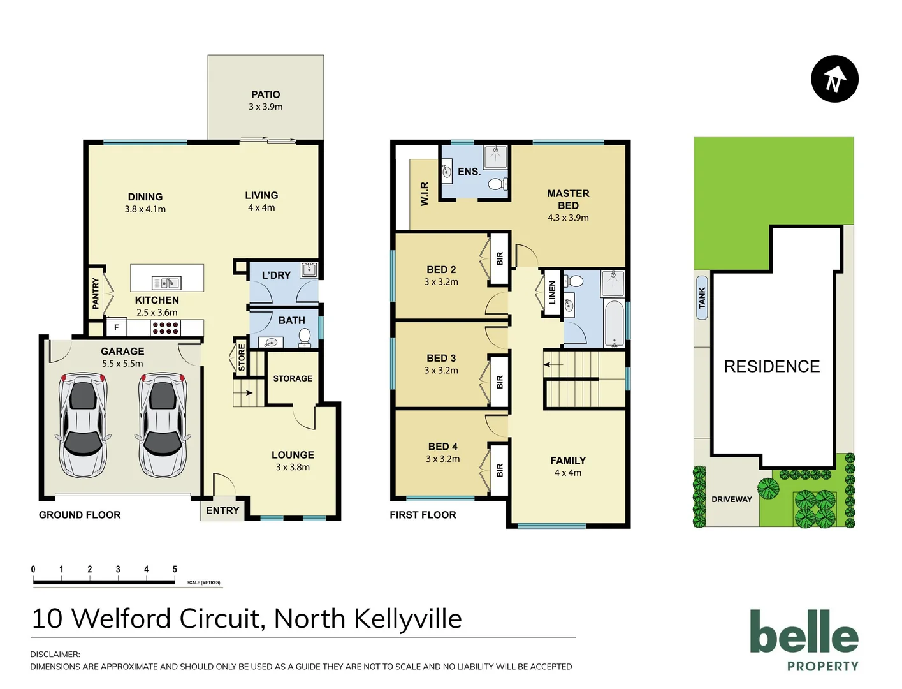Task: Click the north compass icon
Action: click(834, 79)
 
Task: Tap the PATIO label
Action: click(265, 94)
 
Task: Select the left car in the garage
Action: click(83, 426)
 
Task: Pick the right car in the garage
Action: click(163, 426)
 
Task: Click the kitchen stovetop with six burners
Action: click(165, 328)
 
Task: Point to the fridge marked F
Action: click(116, 328)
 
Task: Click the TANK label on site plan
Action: click(702, 298)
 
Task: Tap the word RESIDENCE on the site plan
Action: click(771, 367)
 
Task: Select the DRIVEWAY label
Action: click(731, 500)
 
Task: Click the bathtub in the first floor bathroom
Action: click(615, 323)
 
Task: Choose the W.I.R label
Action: click(425, 194)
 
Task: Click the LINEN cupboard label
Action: click(552, 293)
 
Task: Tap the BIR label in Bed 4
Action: click(500, 470)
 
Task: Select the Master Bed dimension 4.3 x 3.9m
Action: click(568, 218)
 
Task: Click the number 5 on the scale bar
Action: click(175, 569)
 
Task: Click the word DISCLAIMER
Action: click(55, 654)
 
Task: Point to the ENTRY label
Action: click(222, 510)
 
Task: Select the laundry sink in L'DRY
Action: click(309, 269)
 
